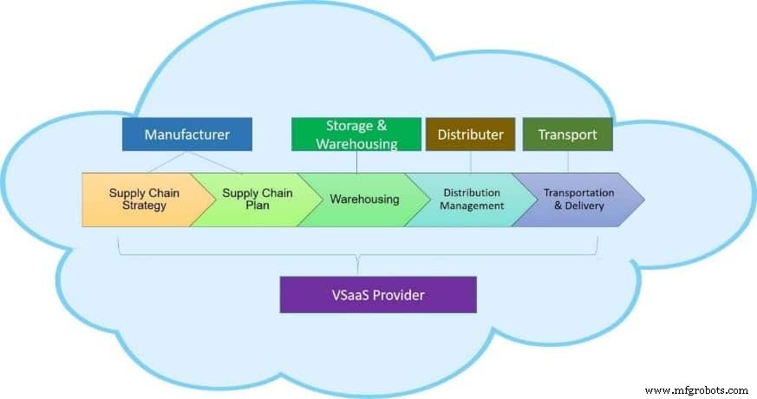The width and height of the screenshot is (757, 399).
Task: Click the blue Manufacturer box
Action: tap(186, 134)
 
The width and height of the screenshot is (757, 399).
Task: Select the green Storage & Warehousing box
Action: tap(356, 134)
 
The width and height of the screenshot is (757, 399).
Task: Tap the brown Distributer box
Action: tap(470, 134)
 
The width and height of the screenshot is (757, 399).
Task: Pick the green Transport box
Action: tap(567, 134)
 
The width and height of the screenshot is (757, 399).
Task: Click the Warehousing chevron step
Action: tap(364, 199)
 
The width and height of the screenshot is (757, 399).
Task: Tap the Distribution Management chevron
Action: tap(471, 199)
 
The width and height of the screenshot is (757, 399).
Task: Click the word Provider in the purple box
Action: tap(395, 295)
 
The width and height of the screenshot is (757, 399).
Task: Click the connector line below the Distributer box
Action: tap(470, 161)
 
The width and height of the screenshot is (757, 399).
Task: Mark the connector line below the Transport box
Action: tap(567, 161)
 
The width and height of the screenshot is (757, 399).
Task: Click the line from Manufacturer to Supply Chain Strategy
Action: tap(160, 162)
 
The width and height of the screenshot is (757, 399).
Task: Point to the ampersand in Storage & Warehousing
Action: tap(380, 126)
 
